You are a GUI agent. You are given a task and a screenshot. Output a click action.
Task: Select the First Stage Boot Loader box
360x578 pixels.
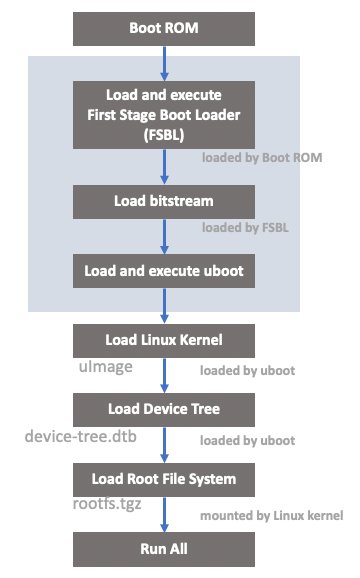click(x=164, y=113)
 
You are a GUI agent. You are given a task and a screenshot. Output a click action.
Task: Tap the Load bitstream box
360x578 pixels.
click(x=164, y=201)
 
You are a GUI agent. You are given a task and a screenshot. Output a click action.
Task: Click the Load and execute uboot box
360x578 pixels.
click(x=164, y=270)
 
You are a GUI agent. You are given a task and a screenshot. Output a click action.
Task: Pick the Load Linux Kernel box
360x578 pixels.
click(x=164, y=340)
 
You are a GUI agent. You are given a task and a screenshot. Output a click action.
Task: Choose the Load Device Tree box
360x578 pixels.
click(x=164, y=409)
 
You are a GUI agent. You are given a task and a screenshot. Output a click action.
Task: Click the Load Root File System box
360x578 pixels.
click(x=164, y=479)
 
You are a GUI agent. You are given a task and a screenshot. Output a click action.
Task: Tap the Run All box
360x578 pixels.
click(x=164, y=548)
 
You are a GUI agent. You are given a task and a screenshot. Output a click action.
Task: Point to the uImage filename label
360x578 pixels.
click(x=106, y=368)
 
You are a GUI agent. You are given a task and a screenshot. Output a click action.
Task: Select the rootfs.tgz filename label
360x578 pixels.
click(x=109, y=505)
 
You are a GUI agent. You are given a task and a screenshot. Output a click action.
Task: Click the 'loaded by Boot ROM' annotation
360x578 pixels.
click(x=262, y=158)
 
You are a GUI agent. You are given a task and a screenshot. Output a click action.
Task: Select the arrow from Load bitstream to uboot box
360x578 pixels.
click(x=164, y=236)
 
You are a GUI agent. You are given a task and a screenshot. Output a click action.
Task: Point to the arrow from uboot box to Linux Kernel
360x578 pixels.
click(x=164, y=305)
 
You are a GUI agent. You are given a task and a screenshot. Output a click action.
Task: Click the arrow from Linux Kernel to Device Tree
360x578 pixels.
click(x=164, y=375)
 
